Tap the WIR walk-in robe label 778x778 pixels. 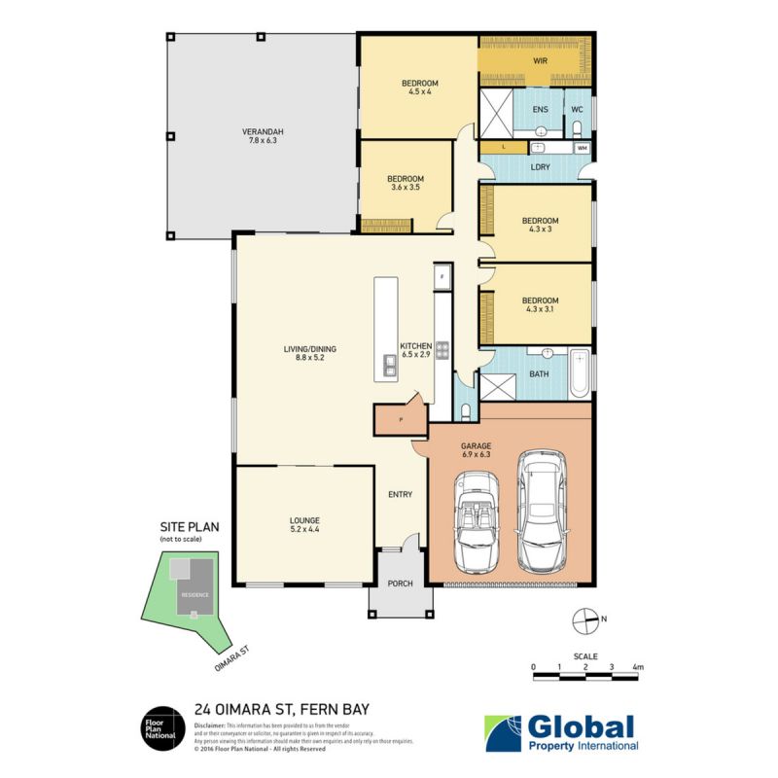pyautogui.click(x=541, y=61)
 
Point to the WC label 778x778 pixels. pyautogui.click(x=577, y=110)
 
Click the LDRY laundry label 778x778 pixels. pyautogui.click(x=541, y=167)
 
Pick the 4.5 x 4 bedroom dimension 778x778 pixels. pyautogui.click(x=421, y=93)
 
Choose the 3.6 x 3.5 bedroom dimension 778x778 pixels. pyautogui.click(x=406, y=189)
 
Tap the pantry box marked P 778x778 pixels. pyautogui.click(x=400, y=419)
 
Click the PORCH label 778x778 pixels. pyautogui.click(x=400, y=583)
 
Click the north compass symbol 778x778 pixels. pyautogui.click(x=584, y=618)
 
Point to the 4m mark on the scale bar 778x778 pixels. pyautogui.click(x=638, y=667)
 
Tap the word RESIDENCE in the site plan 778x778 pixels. pyautogui.click(x=194, y=594)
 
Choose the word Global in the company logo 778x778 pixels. pyautogui.click(x=581, y=726)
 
